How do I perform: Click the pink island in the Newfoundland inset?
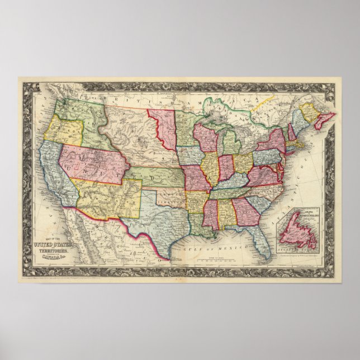[296, 231]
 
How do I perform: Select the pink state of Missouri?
[196, 178]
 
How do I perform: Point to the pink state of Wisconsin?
[205, 138]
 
